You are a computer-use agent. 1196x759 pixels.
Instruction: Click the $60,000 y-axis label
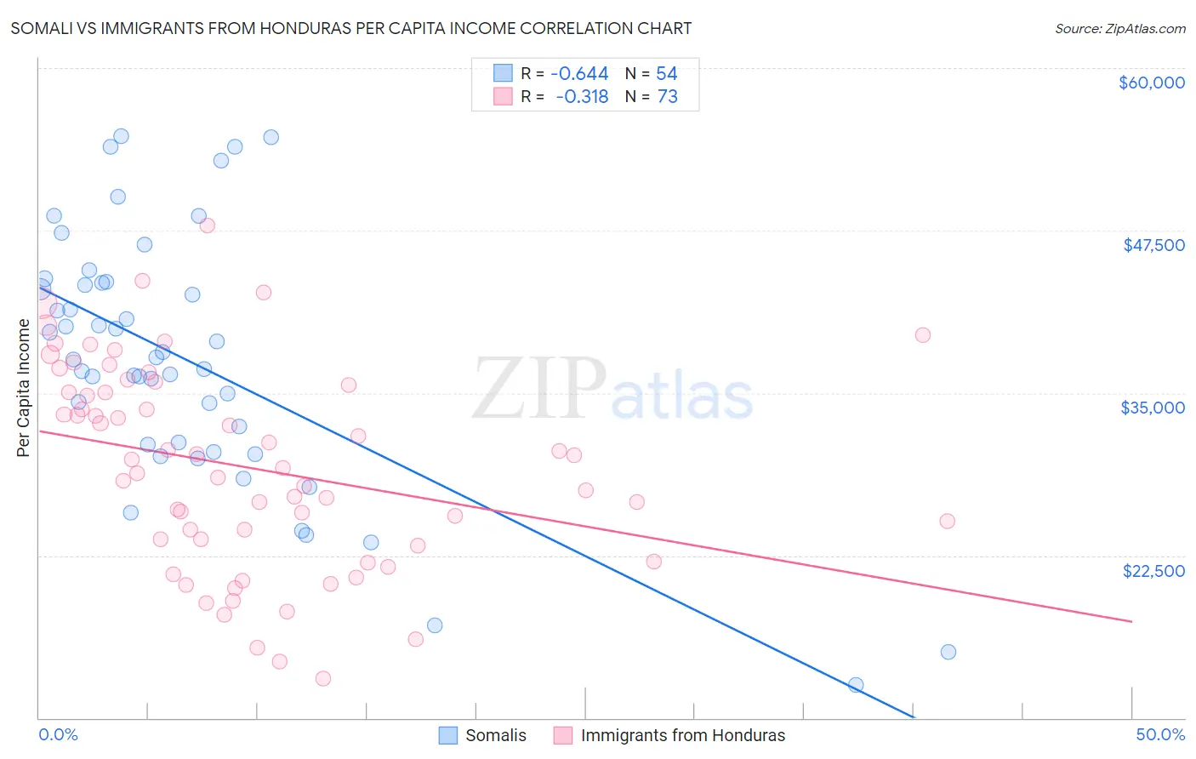[1151, 83]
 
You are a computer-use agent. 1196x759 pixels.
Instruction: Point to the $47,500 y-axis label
[1153, 245]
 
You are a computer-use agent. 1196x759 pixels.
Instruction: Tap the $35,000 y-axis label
[1153, 408]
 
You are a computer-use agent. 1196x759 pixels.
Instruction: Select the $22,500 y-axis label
[1153, 571]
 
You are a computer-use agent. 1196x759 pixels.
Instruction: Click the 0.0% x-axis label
[58, 734]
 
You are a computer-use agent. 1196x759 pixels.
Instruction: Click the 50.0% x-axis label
[1160, 734]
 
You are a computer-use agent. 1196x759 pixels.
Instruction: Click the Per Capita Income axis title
[24, 388]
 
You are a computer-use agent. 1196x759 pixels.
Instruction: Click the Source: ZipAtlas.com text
[1119, 28]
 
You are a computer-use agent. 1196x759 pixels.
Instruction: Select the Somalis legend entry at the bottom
[482, 735]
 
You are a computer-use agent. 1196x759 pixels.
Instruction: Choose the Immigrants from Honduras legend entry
[669, 735]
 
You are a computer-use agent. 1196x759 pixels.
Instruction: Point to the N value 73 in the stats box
[668, 97]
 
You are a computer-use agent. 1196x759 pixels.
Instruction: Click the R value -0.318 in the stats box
[582, 97]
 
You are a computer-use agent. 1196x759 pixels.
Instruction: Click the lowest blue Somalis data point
[856, 685]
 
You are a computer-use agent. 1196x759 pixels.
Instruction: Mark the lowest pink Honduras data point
[323, 678]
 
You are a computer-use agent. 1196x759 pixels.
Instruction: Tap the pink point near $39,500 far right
[923, 335]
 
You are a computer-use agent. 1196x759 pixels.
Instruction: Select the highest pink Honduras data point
[207, 225]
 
